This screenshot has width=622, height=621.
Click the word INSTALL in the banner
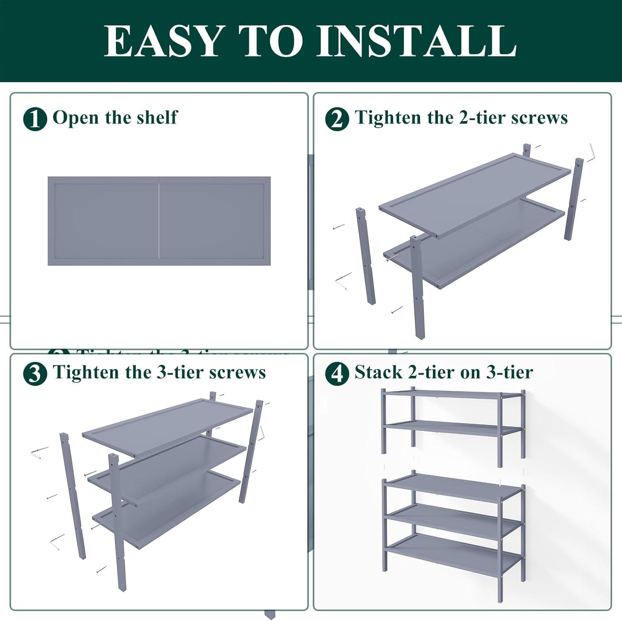416,41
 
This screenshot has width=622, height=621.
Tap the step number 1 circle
35,119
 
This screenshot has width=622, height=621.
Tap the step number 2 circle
337,119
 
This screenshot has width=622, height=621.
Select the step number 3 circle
35,374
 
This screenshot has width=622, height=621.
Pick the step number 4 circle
337,374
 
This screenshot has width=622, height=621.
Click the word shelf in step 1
157,117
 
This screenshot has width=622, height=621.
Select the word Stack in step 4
378,372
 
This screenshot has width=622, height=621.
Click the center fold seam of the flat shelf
159,221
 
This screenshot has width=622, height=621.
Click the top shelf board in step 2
475,195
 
